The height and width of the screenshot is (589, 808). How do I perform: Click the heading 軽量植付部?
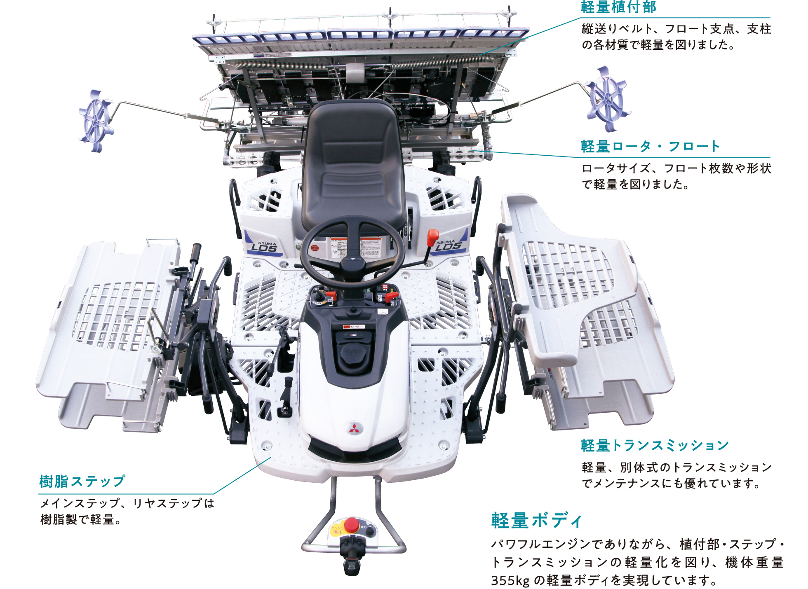point(618,7)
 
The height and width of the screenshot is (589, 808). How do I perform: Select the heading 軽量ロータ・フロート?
point(650,147)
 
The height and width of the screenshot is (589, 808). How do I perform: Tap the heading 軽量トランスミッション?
point(655,445)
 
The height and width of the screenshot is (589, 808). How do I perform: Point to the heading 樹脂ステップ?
point(82,481)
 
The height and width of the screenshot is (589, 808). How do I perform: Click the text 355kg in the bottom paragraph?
point(510,580)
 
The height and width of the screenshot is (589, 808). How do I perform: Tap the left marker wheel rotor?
point(96,121)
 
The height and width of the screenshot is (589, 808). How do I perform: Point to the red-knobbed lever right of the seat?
point(432,238)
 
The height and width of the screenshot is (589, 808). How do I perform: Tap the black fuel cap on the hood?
point(352,353)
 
